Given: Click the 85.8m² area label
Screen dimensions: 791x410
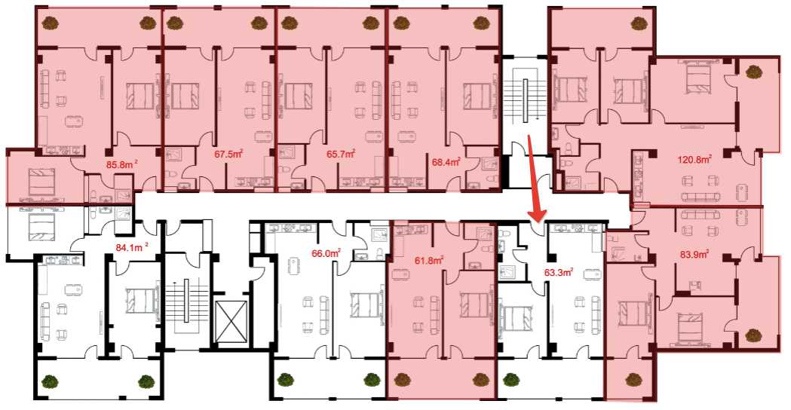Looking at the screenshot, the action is coord(120,164).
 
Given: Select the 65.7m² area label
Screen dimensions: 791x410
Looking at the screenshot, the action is coord(341,154).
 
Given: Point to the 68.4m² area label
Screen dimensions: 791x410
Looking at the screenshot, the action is coord(446,162).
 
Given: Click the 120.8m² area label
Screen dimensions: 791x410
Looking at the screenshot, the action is coord(694,160).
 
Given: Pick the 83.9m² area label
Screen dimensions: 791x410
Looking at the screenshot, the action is coord(694,254).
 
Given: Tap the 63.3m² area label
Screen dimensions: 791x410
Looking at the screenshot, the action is coord(559,272).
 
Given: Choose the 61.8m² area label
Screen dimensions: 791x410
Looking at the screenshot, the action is coord(429,261).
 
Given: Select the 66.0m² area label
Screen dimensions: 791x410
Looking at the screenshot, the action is coord(326,254).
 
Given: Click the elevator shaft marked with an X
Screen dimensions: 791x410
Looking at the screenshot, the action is coord(231,321).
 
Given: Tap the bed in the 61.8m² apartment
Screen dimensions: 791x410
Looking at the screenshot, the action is coord(474,305).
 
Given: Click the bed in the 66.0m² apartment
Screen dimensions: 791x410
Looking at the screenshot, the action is coord(364,305).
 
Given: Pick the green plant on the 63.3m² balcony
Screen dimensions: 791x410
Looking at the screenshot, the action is coord(511,379).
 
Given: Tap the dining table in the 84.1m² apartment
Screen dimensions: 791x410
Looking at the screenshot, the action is coord(72,289).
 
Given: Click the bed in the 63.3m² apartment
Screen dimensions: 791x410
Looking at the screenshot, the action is coord(516,319).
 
